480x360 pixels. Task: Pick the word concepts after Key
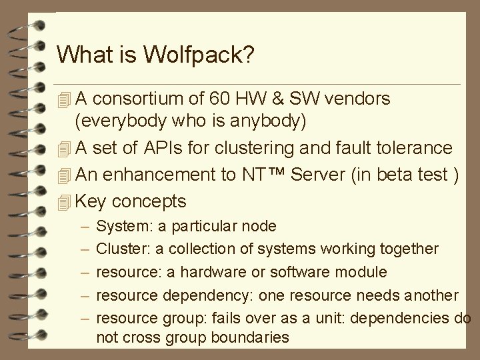pyautogui.click(x=149, y=200)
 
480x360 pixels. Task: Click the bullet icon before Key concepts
pyautogui.click(x=63, y=201)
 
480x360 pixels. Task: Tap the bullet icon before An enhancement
pyautogui.click(x=63, y=175)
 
